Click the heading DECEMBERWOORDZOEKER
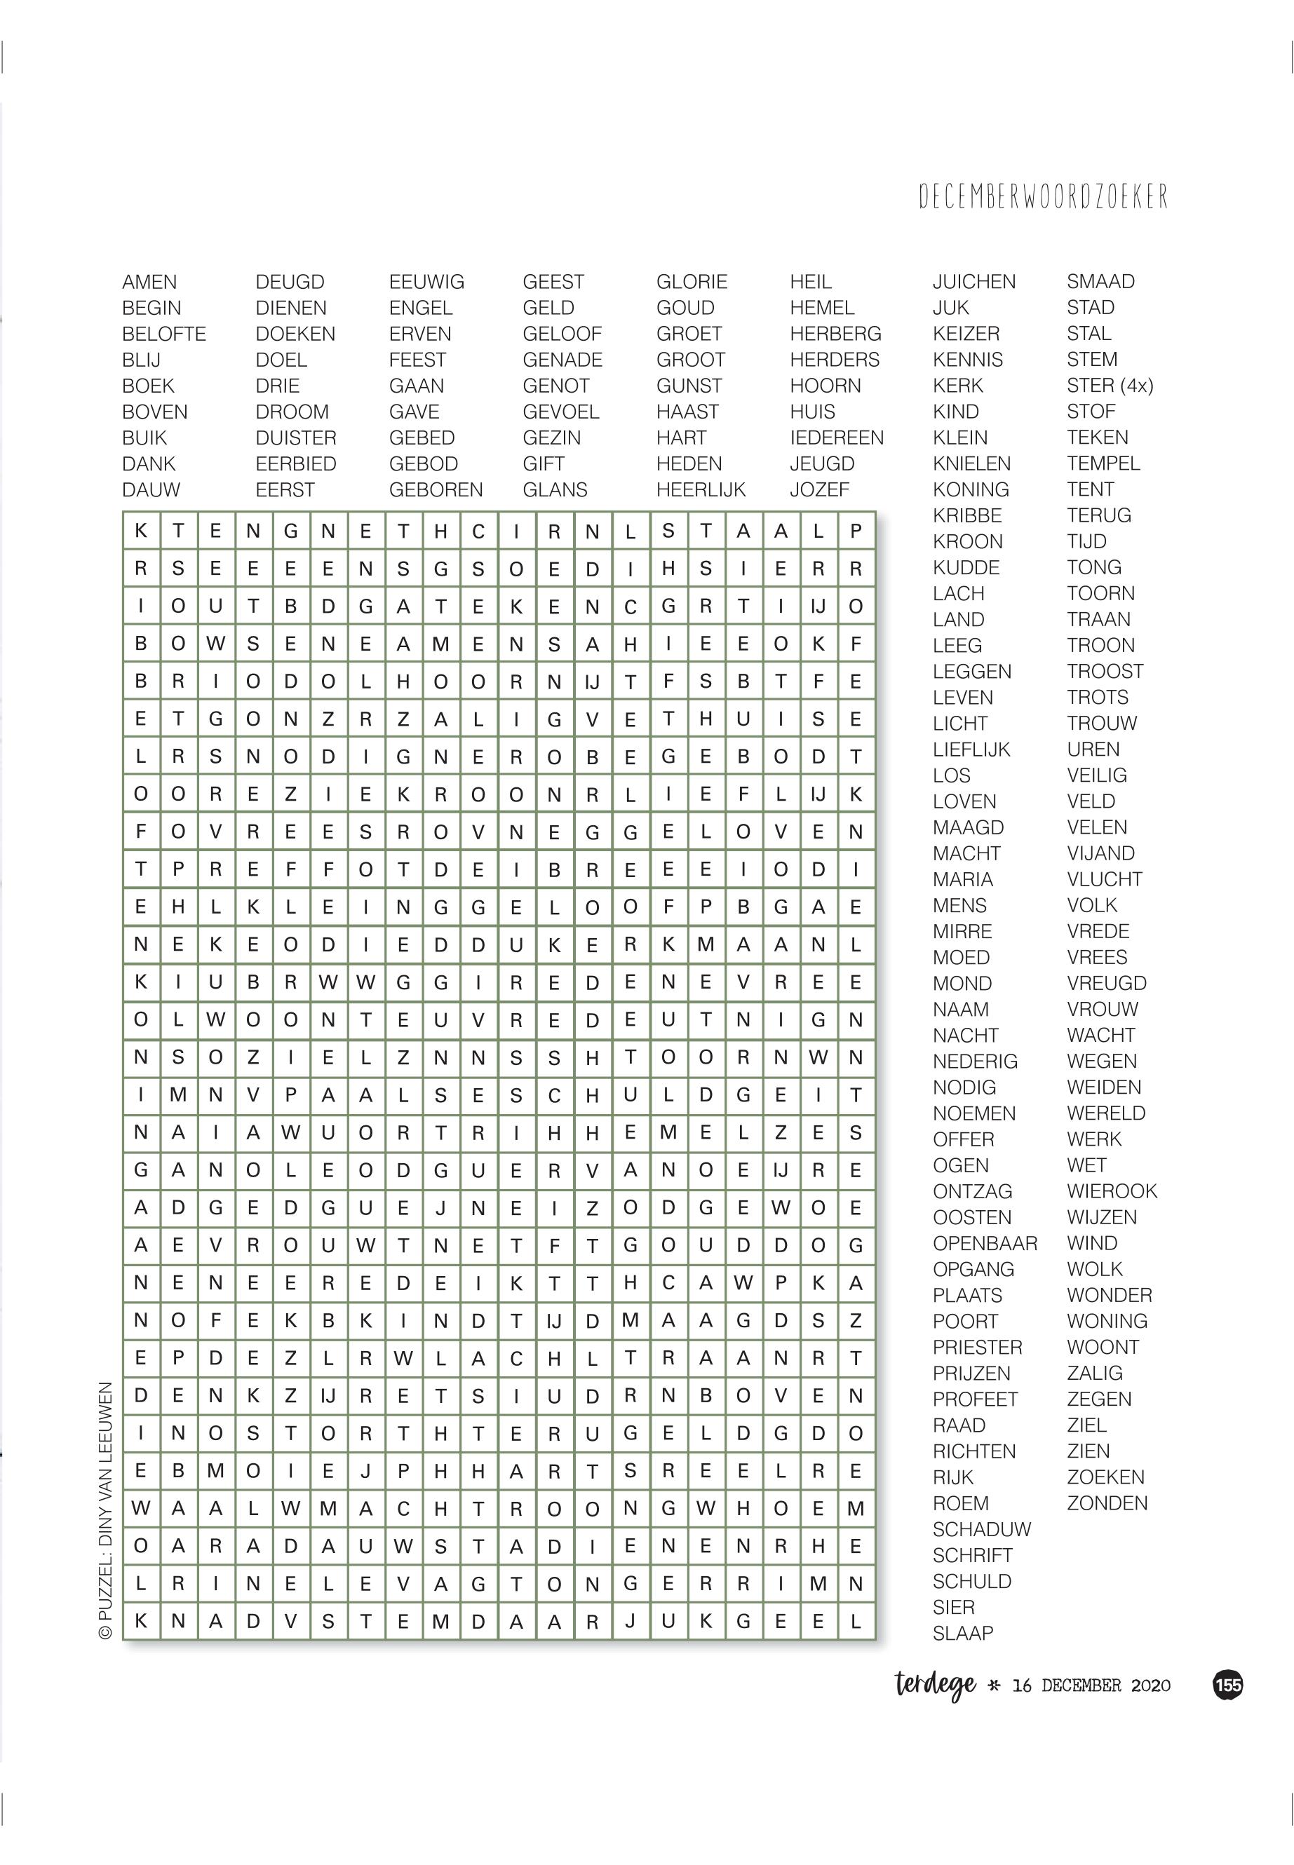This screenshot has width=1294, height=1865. (1044, 196)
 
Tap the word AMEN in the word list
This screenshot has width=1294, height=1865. (149, 282)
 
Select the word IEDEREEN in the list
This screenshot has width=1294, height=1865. (837, 438)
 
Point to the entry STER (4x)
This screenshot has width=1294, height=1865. (1109, 385)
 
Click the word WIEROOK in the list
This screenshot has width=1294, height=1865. (1112, 1191)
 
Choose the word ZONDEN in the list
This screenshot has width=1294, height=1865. (1107, 1503)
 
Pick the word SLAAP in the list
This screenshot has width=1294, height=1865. (962, 1633)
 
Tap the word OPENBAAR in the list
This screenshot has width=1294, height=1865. (984, 1243)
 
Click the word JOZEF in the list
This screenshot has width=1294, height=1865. (819, 489)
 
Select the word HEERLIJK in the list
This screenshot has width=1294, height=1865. (701, 489)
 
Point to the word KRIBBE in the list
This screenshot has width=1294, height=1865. (966, 515)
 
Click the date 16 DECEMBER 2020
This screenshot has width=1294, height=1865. (1091, 1687)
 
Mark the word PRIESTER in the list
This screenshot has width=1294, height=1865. (977, 1347)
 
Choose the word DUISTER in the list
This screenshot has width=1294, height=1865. (295, 438)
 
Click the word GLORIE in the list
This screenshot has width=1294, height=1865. (692, 282)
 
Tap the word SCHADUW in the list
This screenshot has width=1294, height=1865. (981, 1529)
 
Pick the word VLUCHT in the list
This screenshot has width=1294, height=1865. (1104, 879)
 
